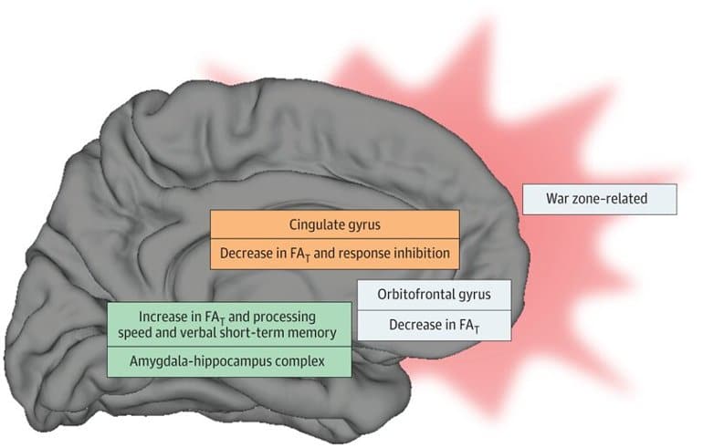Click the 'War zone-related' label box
[599, 199]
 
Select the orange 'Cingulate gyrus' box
[334, 224]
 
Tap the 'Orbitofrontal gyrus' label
[434, 295]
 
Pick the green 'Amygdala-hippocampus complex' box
[230, 361]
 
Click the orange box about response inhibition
[334, 254]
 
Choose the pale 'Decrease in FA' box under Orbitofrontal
[434, 325]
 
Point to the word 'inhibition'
[421, 254]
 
